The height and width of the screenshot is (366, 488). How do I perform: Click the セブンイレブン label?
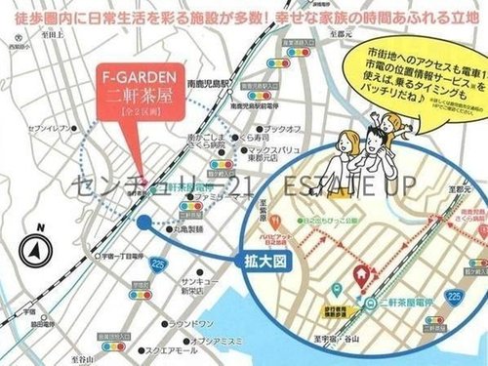coord(47,128)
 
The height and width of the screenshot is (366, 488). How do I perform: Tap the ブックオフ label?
coord(283,128)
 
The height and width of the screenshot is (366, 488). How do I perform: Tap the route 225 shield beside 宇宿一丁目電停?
coord(157,261)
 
